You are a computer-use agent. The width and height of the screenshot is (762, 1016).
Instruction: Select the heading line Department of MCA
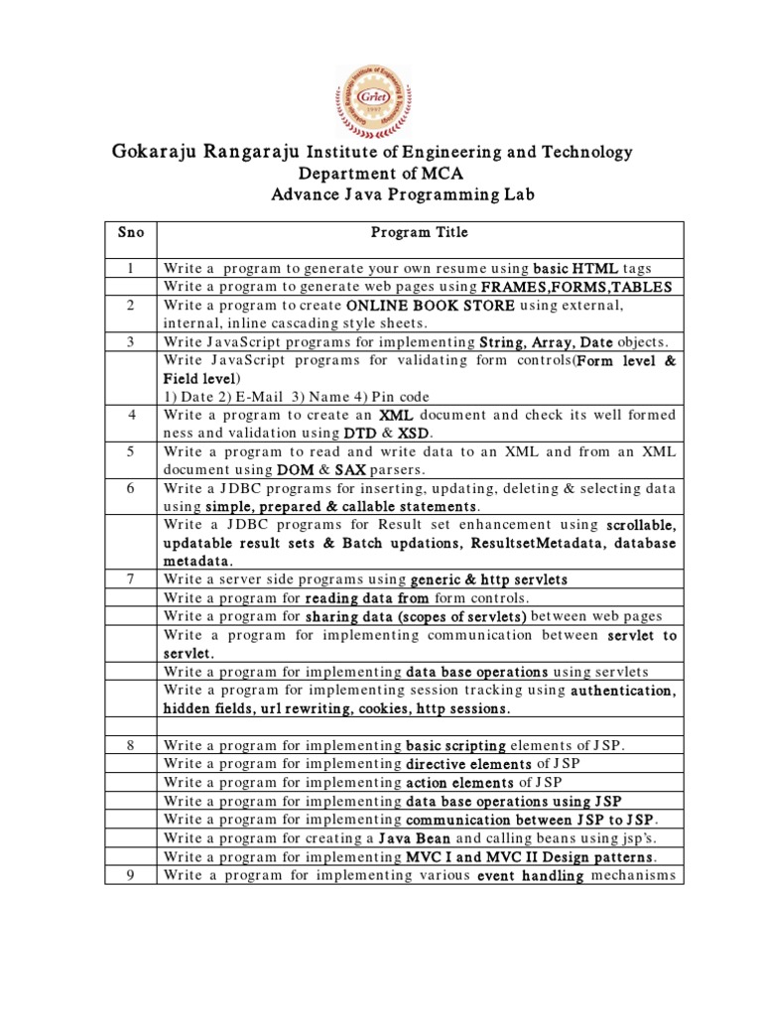click(x=382, y=174)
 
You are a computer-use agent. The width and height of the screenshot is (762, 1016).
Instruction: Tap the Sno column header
click(x=130, y=232)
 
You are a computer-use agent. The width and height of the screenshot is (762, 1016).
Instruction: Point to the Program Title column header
click(x=419, y=232)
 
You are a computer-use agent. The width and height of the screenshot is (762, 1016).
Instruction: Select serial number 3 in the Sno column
click(x=130, y=341)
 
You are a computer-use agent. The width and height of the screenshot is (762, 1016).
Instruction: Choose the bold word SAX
click(x=350, y=469)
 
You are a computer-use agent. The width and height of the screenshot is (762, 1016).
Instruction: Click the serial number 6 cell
click(x=130, y=488)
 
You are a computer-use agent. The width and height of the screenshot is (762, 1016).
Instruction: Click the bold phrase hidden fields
click(x=208, y=708)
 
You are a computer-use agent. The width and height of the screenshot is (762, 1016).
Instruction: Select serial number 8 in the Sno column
click(x=130, y=745)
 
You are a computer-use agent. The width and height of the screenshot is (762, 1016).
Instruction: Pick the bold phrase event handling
click(x=530, y=875)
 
